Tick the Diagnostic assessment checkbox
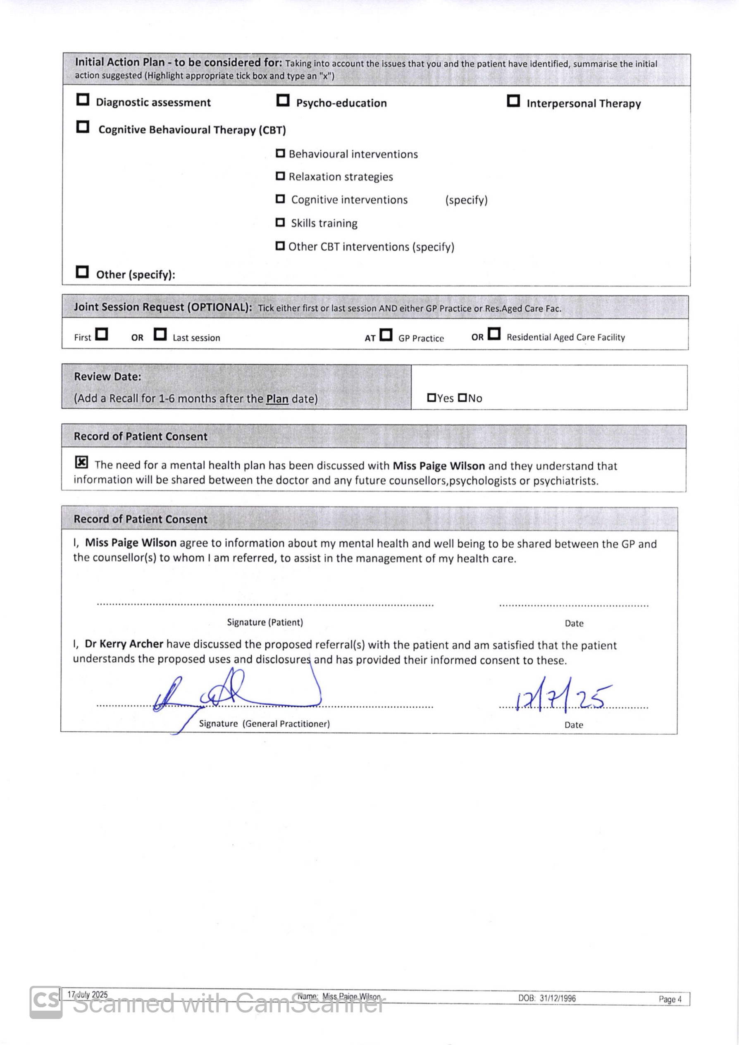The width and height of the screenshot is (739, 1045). tap(82, 100)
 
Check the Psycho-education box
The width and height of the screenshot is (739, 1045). tap(283, 100)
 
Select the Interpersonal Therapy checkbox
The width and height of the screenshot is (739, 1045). tap(513, 100)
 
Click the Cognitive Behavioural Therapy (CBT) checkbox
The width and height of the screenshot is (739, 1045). tap(82, 127)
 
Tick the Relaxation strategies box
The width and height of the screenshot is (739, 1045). tap(280, 176)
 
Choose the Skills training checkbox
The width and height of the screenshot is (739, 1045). tap(280, 222)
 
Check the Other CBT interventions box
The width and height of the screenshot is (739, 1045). tap(280, 246)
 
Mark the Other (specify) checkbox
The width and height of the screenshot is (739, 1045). tap(82, 272)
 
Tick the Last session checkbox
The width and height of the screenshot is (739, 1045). tap(160, 334)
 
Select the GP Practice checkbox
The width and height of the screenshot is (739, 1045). tap(386, 335)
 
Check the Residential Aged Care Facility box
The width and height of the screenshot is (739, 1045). tap(494, 334)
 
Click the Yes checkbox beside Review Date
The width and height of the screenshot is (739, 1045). tap(431, 398)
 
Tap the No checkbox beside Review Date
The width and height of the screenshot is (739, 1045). tap(462, 398)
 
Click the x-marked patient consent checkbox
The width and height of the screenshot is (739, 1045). tap(81, 463)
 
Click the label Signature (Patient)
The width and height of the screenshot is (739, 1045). tap(265, 622)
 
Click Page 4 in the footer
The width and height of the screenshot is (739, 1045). tap(670, 999)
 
